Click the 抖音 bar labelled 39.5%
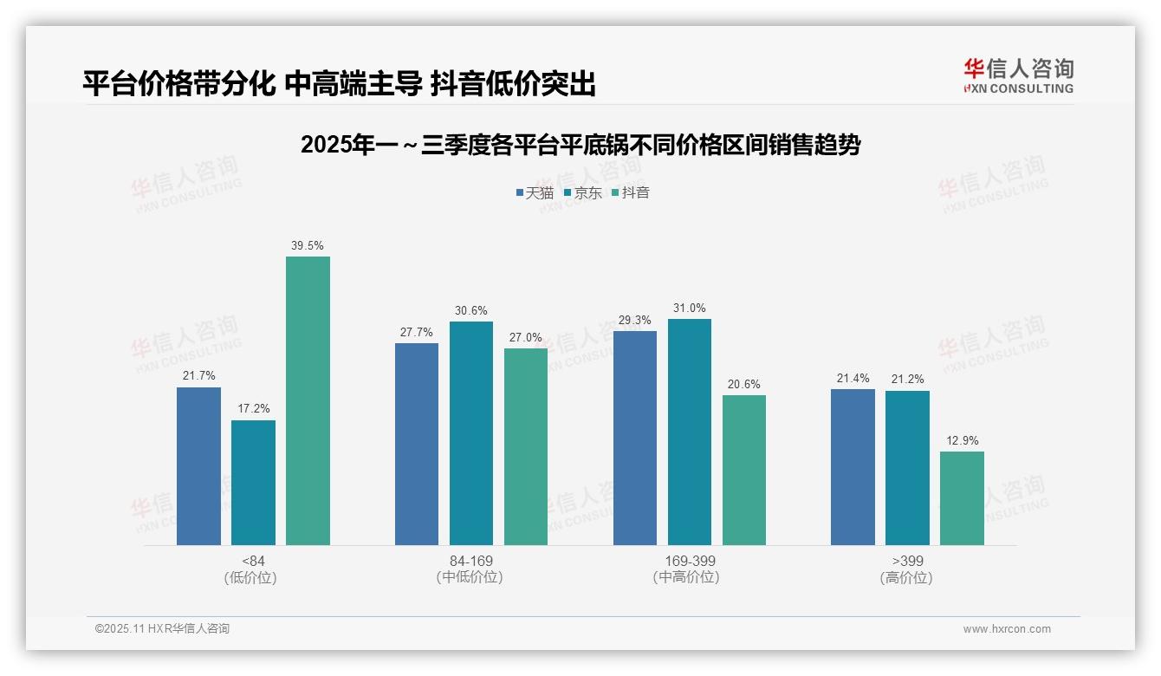(308, 400)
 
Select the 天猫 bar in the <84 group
(198, 466)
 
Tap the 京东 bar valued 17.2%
(253, 483)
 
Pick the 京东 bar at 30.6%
(470, 433)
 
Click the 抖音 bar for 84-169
(526, 446)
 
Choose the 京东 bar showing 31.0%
(689, 432)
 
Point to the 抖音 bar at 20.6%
(743, 470)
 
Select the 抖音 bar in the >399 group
(962, 498)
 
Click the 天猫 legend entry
(535, 193)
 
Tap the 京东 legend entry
(582, 193)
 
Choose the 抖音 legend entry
(630, 193)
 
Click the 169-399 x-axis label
(690, 561)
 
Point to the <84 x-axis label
(253, 561)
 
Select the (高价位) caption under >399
(906, 578)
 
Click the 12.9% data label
(962, 440)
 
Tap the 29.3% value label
(634, 320)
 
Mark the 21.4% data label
(853, 378)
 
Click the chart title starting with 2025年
(580, 145)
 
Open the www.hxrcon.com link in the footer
(1007, 629)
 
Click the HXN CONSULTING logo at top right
(1018, 75)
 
